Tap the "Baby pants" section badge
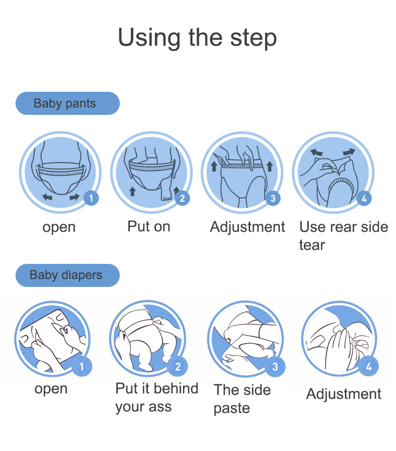point(68,103)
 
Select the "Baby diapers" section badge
point(68,275)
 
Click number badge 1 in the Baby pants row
point(91,198)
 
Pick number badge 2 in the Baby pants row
point(182,198)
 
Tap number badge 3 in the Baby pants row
point(273,198)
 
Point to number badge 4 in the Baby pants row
point(364,198)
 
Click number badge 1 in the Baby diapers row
point(82,366)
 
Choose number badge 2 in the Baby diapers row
point(178,366)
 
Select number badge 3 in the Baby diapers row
point(275,366)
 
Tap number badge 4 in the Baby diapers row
point(369,366)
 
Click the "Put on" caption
point(149,226)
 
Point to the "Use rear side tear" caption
point(344,236)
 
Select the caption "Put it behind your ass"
point(157,398)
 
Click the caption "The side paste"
point(242,399)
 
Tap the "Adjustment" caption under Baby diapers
point(344,394)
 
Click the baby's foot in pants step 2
point(166,193)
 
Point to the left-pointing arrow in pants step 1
point(48,197)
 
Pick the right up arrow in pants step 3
point(270,166)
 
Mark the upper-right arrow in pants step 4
point(349,152)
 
